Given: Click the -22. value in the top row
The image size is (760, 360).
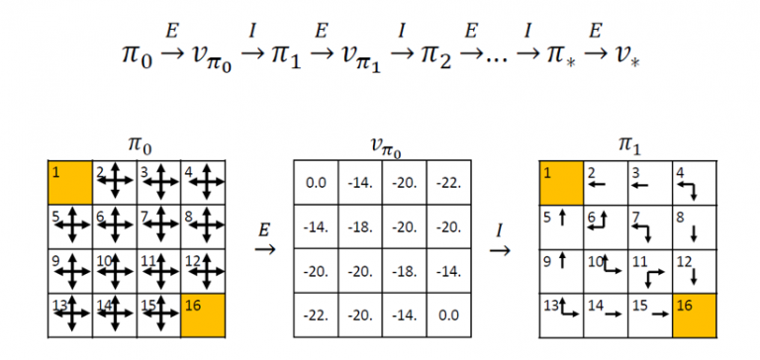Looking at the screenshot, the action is click(x=450, y=183).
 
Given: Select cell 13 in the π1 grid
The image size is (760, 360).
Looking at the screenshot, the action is click(x=560, y=315).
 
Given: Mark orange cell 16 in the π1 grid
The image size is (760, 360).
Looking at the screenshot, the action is click(x=693, y=315).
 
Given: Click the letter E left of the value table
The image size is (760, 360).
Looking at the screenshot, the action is click(x=264, y=229).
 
